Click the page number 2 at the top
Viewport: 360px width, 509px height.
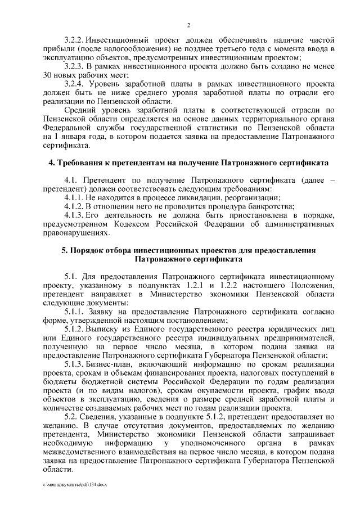188,25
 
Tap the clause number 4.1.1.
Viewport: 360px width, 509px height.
74,197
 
